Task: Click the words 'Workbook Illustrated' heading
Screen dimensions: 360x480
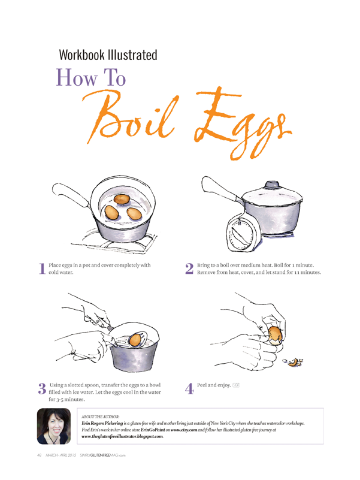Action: pos(108,55)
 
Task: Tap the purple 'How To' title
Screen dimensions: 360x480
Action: pos(91,77)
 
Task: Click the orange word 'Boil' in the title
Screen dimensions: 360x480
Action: pos(132,118)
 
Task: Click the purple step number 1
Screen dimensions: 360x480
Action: pos(43,268)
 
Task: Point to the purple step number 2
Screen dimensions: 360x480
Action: pos(189,268)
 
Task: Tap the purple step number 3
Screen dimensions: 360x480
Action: pos(43,388)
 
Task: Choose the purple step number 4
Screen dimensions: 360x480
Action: pos(189,389)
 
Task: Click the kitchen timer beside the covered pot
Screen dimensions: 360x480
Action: pos(244,233)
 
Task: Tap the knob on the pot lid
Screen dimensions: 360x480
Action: pos(272,185)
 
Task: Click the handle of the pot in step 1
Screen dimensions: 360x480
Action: pos(71,194)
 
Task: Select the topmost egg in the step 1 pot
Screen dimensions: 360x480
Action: pos(122,199)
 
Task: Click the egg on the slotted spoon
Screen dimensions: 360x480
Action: pos(135,340)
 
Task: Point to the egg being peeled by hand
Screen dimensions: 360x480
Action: pos(274,335)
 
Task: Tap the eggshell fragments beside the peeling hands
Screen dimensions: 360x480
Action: pos(293,363)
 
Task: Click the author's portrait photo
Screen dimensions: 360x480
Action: pos(54,426)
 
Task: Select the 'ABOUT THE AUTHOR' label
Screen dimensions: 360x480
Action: pos(101,416)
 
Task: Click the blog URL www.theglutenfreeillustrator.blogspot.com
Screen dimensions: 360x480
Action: pos(122,436)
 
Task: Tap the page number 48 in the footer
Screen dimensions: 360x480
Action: pos(39,455)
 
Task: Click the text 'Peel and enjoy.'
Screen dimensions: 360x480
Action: pos(214,385)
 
